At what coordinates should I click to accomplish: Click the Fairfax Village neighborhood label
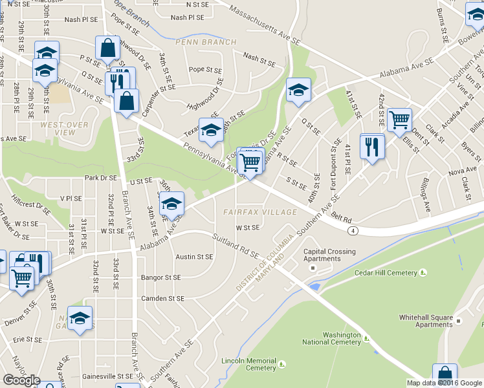click(260, 212)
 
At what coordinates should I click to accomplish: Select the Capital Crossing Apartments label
click(329, 255)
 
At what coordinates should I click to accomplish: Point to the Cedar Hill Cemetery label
click(386, 273)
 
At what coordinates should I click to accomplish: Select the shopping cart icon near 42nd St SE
click(400, 119)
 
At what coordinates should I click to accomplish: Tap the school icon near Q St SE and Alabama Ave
click(298, 89)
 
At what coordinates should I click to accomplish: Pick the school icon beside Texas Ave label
click(211, 129)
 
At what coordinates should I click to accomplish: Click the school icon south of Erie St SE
click(80, 318)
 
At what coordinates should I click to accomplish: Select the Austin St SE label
click(194, 257)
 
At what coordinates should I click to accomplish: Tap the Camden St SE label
click(162, 299)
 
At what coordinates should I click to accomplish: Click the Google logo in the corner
click(21, 380)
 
